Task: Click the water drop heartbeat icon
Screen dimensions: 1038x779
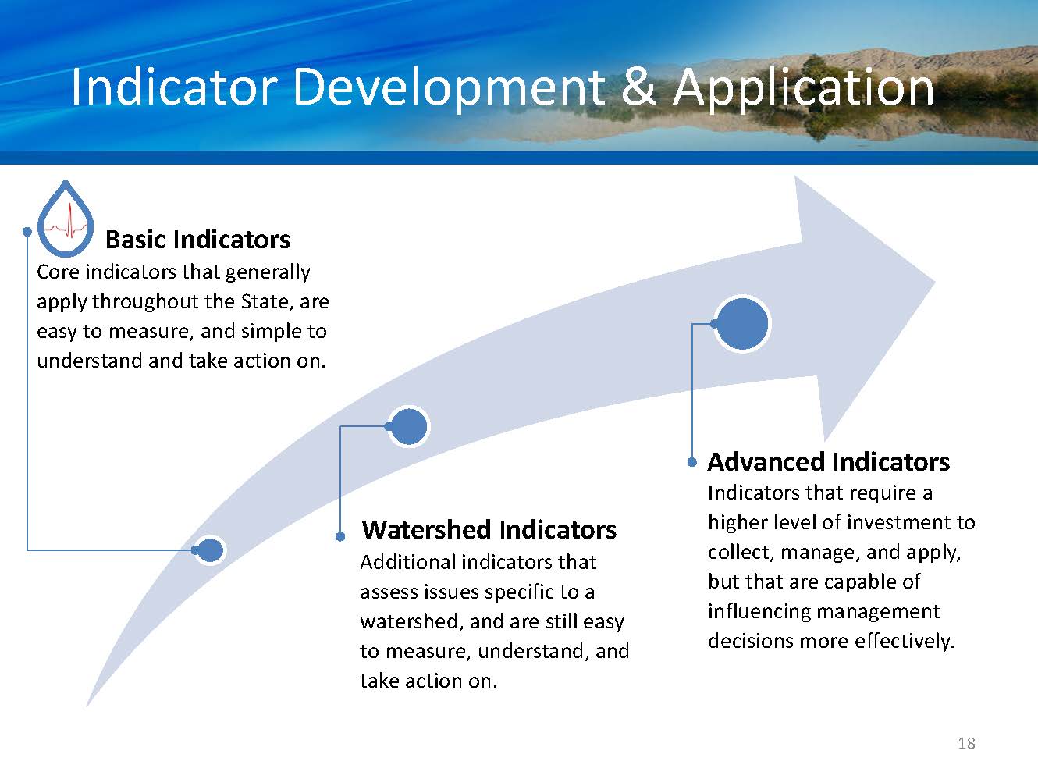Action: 66,219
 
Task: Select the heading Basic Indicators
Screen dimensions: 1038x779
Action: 197,240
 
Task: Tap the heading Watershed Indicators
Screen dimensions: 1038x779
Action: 489,529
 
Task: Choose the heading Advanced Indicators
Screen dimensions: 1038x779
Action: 829,461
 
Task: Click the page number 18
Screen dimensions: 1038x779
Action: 967,743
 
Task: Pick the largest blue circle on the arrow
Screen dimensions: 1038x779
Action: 742,324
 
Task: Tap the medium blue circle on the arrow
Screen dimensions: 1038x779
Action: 409,427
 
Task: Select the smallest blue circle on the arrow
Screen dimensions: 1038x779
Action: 209,550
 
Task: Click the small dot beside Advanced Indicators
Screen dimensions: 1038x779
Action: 691,462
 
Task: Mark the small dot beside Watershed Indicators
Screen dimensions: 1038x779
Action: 340,536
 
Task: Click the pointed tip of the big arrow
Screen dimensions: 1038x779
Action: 934,283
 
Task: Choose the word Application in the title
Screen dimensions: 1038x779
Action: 803,89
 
